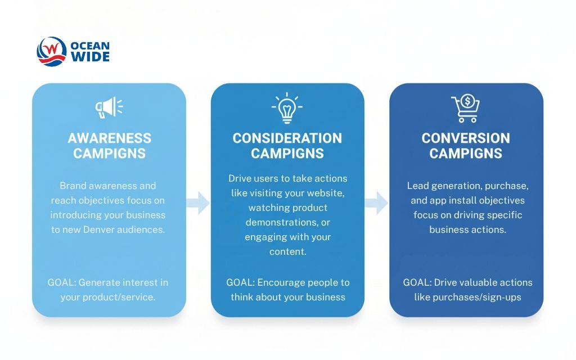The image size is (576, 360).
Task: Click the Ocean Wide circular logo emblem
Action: pos(51,51)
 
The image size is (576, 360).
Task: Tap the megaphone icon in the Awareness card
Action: pos(109,107)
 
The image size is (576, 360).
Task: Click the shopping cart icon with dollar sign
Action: pos(466,109)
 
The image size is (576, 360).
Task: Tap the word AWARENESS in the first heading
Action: pos(109,138)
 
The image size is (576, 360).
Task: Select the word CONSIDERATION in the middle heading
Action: pos(287,138)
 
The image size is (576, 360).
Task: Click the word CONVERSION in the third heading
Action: pos(466,138)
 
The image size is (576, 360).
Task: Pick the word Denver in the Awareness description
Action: pos(99,229)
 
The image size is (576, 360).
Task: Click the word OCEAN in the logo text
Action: pos(91,46)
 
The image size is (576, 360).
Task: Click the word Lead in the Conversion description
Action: pos(417,186)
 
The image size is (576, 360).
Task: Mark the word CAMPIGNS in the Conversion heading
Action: pos(466,153)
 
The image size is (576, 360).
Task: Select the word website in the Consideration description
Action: pos(329,193)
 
